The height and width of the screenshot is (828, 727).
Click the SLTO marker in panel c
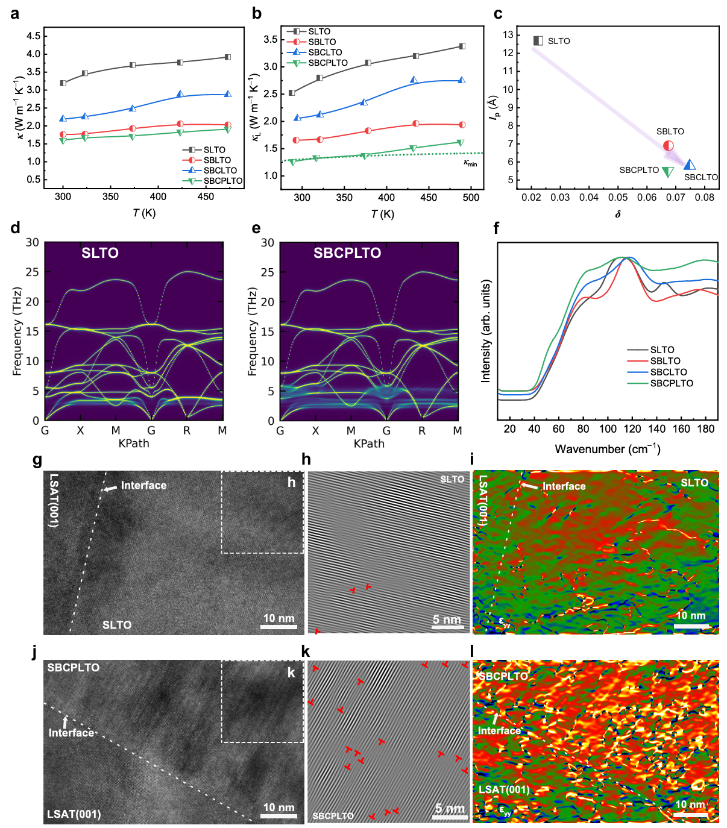coord(538,40)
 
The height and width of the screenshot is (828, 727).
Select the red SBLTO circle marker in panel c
coord(668,145)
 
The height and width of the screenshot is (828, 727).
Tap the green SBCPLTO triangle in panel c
coord(668,172)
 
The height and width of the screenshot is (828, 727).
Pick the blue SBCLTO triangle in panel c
coord(690,165)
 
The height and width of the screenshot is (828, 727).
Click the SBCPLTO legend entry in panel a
coord(222,181)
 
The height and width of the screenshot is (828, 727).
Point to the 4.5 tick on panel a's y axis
coord(34,36)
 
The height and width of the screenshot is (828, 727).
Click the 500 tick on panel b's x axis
coord(471,198)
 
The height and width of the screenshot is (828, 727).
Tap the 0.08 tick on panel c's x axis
coord(705,197)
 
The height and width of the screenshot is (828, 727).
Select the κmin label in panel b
coord(470,163)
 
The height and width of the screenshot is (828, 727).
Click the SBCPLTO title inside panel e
coord(347,253)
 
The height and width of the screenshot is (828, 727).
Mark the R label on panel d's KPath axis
coord(187,430)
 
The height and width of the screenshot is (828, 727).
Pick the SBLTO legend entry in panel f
coord(665,361)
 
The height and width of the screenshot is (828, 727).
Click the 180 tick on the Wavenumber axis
coord(706,429)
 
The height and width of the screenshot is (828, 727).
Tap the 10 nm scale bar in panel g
coord(279,627)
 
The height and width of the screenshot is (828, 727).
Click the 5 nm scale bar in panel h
coord(447,627)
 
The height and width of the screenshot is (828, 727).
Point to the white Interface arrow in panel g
coord(109,488)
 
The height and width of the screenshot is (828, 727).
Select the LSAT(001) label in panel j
coord(74,814)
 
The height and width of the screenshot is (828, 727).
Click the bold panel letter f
coord(496,228)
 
